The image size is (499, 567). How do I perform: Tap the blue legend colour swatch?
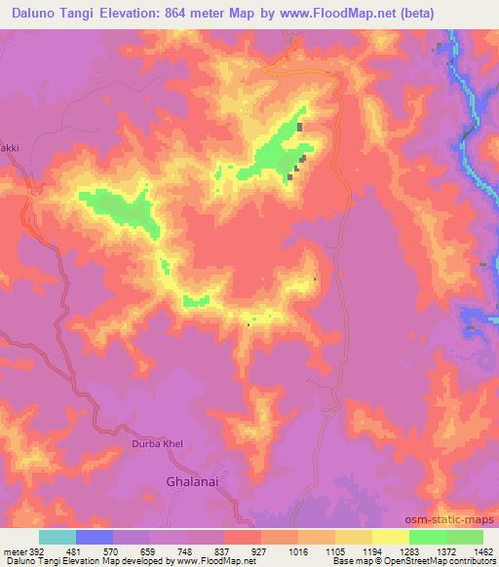coord(94,537)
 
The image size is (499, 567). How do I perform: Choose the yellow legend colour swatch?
coord(390,537)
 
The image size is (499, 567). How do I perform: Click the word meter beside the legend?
coord(13,550)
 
